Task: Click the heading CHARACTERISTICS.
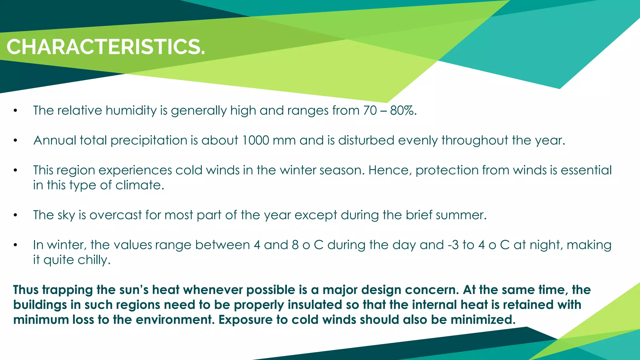(x=106, y=47)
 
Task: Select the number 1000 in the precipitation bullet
(x=255, y=140)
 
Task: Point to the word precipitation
(x=149, y=141)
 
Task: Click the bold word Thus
(x=26, y=290)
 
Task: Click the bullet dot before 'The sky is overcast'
(x=15, y=215)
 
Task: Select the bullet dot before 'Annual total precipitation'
(x=15, y=141)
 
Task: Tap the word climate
(x=139, y=185)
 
